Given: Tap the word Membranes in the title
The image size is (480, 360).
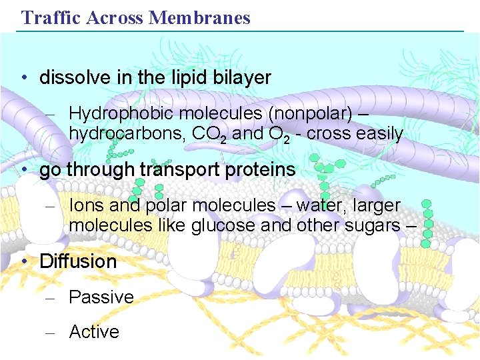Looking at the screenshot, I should pyautogui.click(x=200, y=17).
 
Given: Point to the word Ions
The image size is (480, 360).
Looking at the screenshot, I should pyautogui.click(x=86, y=205).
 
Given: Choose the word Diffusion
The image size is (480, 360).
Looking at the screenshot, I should pyautogui.click(x=78, y=261).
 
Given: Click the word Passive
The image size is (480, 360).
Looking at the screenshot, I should pyautogui.click(x=101, y=297).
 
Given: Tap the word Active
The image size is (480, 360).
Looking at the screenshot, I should pyautogui.click(x=94, y=331).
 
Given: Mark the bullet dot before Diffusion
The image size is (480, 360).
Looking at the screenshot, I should pyautogui.click(x=24, y=261).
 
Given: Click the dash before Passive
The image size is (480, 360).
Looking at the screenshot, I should pyautogui.click(x=49, y=297).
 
